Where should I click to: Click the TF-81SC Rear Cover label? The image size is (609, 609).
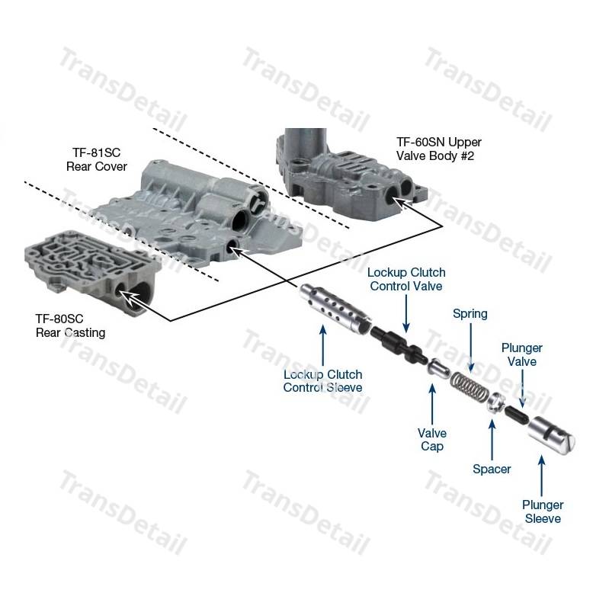[x=96, y=159]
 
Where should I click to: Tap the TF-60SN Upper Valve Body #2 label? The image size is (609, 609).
[x=438, y=149]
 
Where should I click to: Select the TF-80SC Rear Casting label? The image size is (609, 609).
[x=70, y=325]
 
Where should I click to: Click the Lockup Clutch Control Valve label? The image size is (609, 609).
[x=406, y=279]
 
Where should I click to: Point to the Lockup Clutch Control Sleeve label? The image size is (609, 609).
[x=322, y=381]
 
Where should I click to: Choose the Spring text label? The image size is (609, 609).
[x=470, y=314]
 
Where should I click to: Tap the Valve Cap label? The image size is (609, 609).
[x=432, y=439]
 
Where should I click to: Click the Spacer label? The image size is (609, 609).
[x=492, y=469]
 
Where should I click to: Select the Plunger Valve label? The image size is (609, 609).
[x=521, y=354]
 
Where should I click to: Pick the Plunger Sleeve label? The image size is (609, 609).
[x=543, y=511]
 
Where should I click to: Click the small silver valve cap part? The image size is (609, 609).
[x=438, y=368]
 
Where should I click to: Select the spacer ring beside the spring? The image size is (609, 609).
[x=495, y=403]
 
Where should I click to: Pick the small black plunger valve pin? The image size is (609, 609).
[x=516, y=414]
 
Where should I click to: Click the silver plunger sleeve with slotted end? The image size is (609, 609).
[x=551, y=434]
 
